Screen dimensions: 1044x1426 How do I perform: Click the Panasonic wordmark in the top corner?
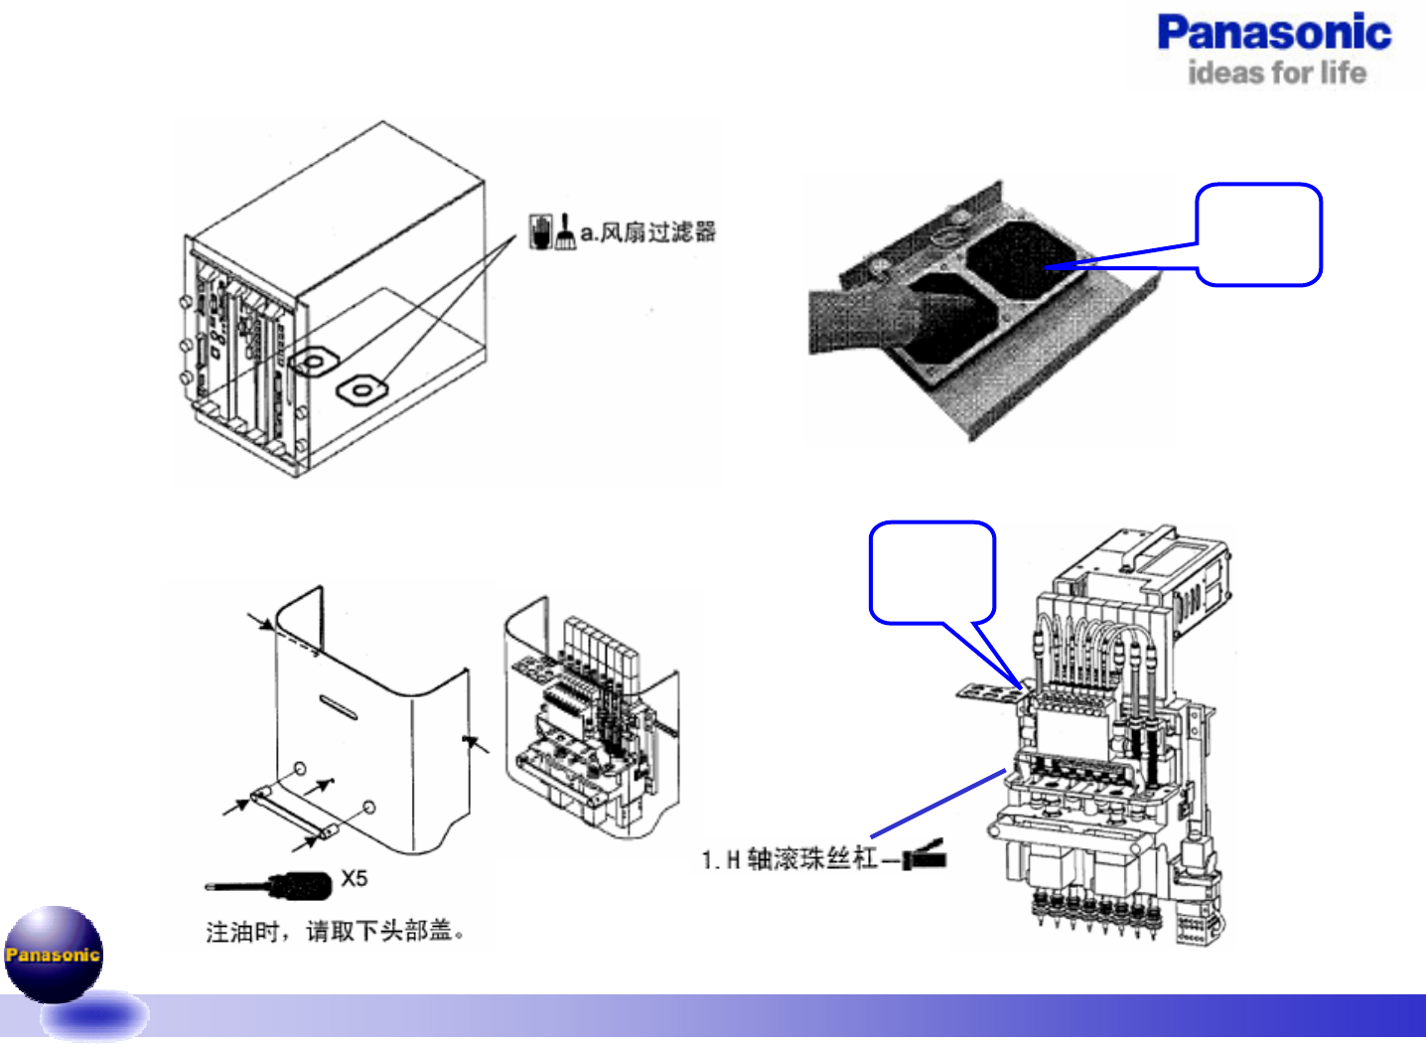1274,33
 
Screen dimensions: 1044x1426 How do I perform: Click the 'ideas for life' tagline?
1277,73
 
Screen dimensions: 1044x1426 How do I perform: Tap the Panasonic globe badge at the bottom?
54,955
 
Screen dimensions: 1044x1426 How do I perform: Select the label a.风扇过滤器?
647,232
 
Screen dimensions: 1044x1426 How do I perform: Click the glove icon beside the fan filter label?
540,230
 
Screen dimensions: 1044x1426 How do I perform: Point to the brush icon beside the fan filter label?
565,231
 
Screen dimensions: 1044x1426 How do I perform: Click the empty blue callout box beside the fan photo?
1259,234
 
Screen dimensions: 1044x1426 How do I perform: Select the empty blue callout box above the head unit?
931,572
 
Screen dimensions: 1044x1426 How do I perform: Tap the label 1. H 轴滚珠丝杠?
789,858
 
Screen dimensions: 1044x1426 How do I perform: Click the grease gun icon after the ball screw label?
926,855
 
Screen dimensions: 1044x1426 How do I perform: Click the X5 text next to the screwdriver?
355,878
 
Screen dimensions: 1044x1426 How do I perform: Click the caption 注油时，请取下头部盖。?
336,931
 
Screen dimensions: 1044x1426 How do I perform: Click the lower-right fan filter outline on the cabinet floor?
360,389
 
